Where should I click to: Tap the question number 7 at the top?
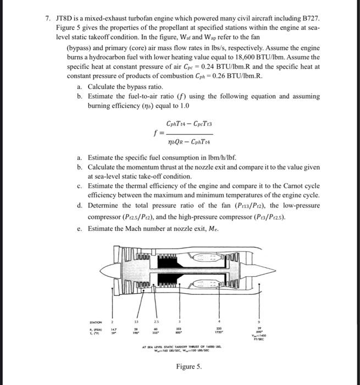(x=47, y=18)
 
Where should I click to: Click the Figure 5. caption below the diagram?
(x=189, y=366)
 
